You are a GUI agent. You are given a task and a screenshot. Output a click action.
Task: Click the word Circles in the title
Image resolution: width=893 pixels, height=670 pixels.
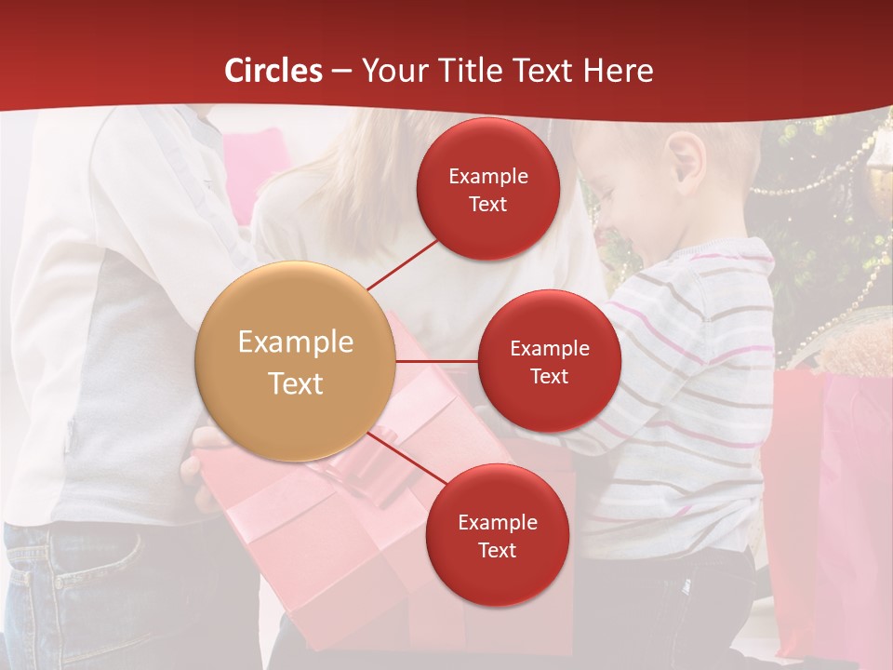tap(273, 71)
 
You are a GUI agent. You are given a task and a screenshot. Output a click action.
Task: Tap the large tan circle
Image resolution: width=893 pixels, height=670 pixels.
tap(296, 362)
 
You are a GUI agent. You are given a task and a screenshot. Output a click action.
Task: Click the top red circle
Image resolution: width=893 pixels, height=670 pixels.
tap(487, 189)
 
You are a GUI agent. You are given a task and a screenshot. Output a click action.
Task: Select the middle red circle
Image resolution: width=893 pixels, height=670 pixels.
tap(549, 361)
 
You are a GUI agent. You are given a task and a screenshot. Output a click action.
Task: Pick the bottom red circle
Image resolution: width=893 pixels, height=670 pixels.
tap(497, 535)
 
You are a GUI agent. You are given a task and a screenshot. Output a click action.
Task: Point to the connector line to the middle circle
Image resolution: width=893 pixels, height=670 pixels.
tap(437, 361)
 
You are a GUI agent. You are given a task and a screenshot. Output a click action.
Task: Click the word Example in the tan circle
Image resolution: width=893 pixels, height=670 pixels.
tap(296, 342)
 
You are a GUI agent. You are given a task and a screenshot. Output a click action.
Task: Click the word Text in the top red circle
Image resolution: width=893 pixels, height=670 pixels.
tap(488, 205)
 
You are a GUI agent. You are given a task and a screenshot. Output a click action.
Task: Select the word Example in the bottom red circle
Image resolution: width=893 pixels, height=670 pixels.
tap(498, 523)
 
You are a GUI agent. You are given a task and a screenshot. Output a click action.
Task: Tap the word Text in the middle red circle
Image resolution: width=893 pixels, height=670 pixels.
tap(550, 377)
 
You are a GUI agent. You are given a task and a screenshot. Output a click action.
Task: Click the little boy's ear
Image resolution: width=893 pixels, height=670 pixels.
tap(686, 155)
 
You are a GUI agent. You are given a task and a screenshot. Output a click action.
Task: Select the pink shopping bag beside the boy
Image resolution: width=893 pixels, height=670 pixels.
tap(828, 502)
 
